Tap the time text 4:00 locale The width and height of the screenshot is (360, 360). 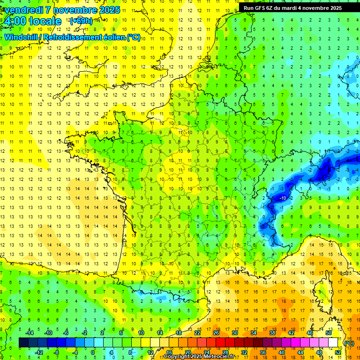coord(32,21)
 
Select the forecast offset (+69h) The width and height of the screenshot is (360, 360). coord(81,21)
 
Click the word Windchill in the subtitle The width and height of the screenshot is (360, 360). coord(22,37)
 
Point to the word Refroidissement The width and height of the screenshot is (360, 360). coord(75,37)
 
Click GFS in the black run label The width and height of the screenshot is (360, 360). coord(263,8)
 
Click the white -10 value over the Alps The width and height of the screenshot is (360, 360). coord(283,198)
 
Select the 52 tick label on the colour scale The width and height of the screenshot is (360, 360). coord(338,352)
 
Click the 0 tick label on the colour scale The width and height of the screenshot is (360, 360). coord(93,352)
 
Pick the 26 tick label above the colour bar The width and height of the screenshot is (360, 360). coord(216,333)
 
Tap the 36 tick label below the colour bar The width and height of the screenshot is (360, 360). coord(263,352)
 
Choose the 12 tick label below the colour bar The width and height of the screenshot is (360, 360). coord(150,352)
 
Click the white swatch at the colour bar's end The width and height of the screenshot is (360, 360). coord(333,343)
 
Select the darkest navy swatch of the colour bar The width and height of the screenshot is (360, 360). coord(23,343)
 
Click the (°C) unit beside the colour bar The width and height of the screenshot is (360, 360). coord(349,343)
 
